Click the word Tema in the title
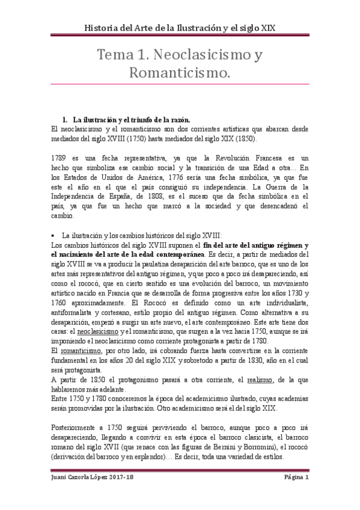117,55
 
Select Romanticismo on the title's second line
180,74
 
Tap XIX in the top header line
266,28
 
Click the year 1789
62,158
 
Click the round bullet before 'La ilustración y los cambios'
55,235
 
